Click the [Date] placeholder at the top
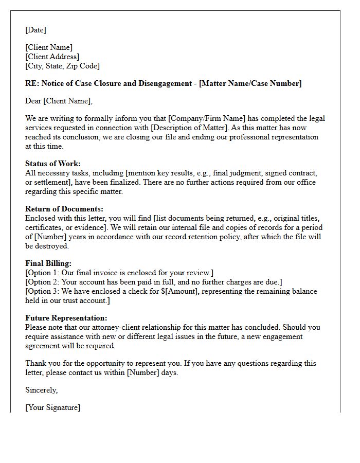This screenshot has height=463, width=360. [35, 30]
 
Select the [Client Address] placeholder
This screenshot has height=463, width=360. [52, 57]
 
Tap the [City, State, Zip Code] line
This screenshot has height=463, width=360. [62, 66]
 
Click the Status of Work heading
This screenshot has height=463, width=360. [53, 164]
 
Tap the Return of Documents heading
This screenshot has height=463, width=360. [64, 209]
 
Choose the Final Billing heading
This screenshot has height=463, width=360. [48, 263]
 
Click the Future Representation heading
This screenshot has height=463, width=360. [66, 318]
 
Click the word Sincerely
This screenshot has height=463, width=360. [42, 390]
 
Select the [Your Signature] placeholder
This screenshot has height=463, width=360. [52, 407]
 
